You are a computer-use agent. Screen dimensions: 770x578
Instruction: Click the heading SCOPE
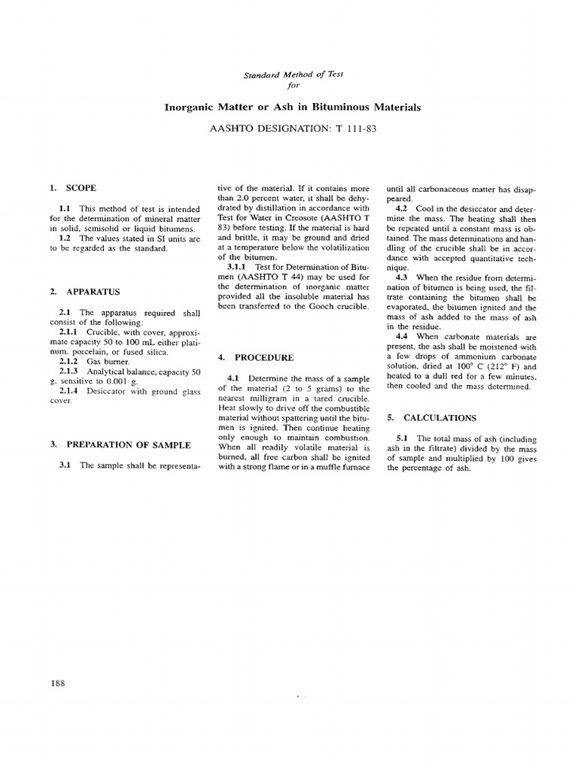(x=81, y=187)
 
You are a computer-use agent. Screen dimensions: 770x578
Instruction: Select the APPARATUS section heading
(x=93, y=291)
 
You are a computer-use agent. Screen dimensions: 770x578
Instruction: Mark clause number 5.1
(x=402, y=438)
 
